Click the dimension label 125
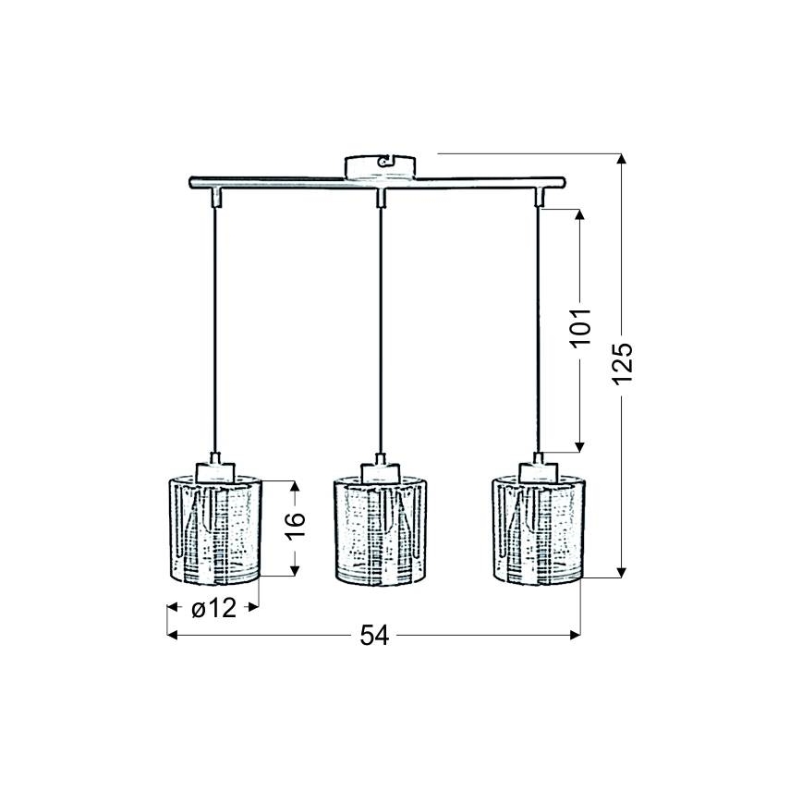pyautogui.click(x=623, y=364)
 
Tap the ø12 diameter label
pyautogui.click(x=213, y=608)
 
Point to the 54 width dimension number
pyautogui.click(x=373, y=635)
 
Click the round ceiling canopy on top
pyautogui.click(x=381, y=166)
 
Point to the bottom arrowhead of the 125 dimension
pyautogui.click(x=623, y=570)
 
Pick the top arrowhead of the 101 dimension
pyautogui.click(x=579, y=215)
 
